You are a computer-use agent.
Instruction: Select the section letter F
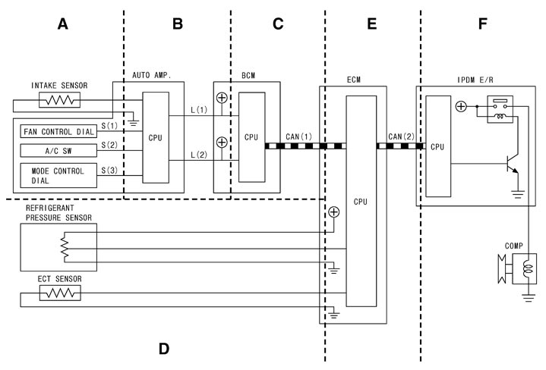[x=482, y=24]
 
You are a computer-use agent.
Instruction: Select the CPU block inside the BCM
[x=251, y=137]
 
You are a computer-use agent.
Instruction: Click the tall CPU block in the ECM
[x=361, y=202]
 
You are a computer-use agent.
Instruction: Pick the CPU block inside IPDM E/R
[x=437, y=146]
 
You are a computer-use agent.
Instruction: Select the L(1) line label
[x=199, y=111]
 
